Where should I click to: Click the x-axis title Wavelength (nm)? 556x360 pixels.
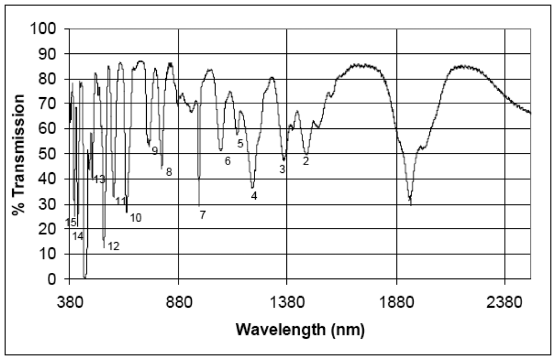click(x=300, y=329)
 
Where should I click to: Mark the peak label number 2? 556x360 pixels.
click(x=305, y=162)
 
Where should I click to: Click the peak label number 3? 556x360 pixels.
click(x=282, y=169)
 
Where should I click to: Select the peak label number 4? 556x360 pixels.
click(x=254, y=196)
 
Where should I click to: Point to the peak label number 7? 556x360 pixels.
click(x=202, y=215)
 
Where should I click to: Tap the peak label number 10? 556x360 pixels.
click(x=136, y=218)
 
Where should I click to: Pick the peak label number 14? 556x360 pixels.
click(x=78, y=236)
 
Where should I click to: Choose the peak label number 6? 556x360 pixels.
click(x=227, y=161)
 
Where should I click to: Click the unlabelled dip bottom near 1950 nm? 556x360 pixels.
click(x=410, y=204)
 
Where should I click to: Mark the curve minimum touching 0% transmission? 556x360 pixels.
click(x=85, y=277)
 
